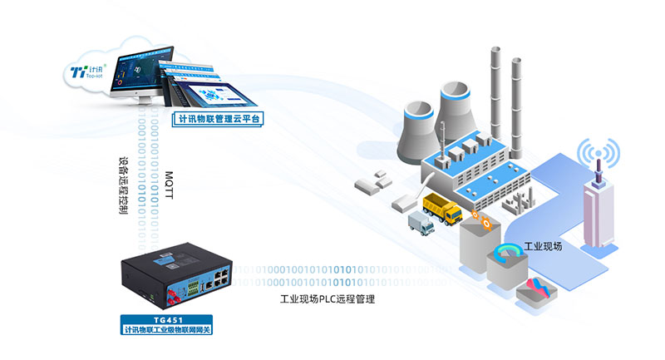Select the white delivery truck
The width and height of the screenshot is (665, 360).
[421, 224]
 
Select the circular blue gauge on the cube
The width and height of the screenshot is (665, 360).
[506, 253]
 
